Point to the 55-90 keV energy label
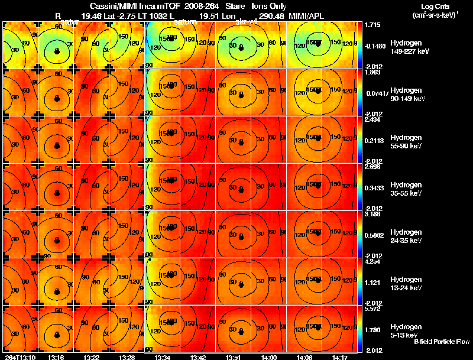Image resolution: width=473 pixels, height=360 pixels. (x=406, y=141)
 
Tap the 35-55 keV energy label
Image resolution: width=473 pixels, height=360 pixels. (x=406, y=189)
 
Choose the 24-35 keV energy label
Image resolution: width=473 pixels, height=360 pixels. (x=406, y=236)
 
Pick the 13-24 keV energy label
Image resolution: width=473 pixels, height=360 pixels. (x=406, y=283)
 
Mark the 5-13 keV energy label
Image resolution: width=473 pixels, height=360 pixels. (x=405, y=330)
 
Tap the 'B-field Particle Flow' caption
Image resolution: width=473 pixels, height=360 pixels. (x=441, y=342)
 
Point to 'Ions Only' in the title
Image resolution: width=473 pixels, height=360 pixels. (x=269, y=5)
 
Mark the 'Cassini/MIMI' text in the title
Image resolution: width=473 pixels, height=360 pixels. (x=115, y=5)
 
